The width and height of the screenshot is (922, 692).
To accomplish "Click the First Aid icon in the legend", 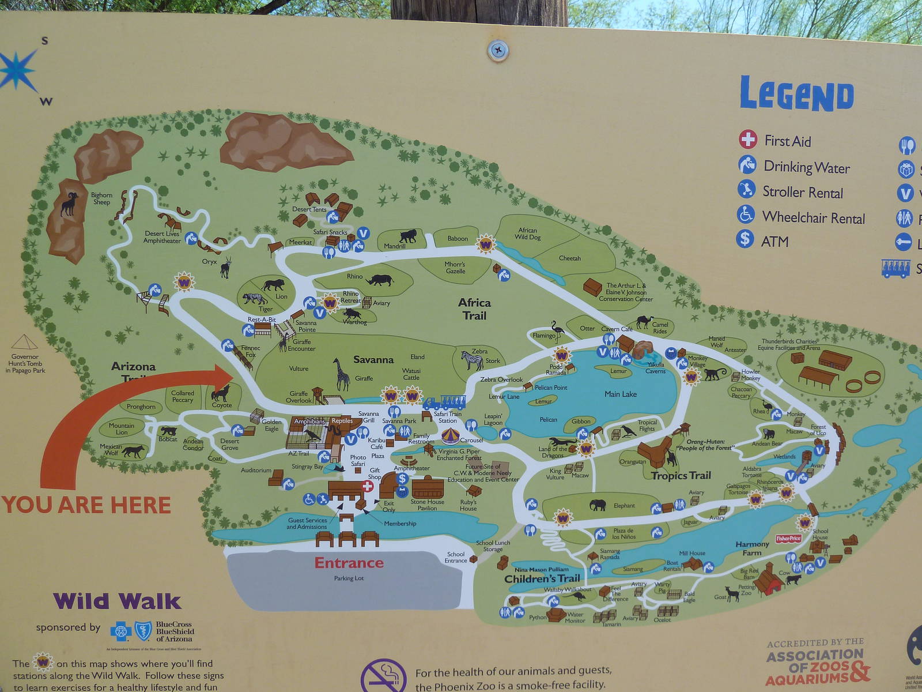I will (x=747, y=139).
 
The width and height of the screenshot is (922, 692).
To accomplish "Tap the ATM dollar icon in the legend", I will (x=745, y=239).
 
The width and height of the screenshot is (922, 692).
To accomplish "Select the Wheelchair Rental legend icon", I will (x=746, y=215).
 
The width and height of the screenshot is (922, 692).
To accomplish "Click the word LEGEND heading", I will (x=796, y=95).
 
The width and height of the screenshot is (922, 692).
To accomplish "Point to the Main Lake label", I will (x=621, y=394).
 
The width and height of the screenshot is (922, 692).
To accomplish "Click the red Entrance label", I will (x=349, y=563).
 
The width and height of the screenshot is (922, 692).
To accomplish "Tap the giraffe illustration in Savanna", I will (x=342, y=374).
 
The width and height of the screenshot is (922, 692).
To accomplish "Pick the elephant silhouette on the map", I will (x=598, y=505).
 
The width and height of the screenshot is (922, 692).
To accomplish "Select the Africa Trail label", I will (x=475, y=309).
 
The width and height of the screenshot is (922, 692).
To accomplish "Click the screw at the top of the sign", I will (x=497, y=50).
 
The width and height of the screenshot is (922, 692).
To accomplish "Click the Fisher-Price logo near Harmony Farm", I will (x=788, y=539).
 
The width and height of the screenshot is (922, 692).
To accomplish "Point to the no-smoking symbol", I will (x=383, y=678).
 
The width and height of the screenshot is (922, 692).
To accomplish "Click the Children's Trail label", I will (x=542, y=578).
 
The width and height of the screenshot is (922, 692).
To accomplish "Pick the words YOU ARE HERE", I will (x=86, y=505).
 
